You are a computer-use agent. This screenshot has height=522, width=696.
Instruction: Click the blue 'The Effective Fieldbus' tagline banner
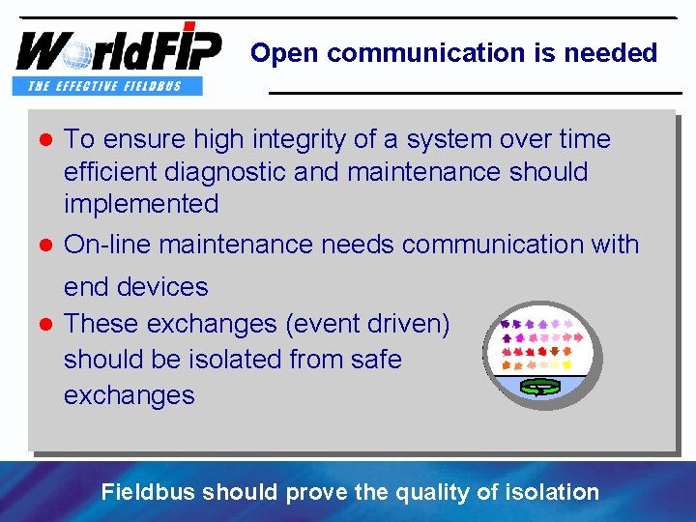[x=108, y=86]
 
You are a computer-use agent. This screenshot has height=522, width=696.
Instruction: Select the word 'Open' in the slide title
[x=286, y=53]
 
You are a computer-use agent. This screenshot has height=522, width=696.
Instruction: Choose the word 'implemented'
[x=141, y=204]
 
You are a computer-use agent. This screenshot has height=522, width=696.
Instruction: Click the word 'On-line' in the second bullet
[x=107, y=245]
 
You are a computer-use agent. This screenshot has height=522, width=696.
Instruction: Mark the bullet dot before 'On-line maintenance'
[x=44, y=246]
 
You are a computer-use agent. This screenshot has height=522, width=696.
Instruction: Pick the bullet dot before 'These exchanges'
[x=44, y=325]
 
